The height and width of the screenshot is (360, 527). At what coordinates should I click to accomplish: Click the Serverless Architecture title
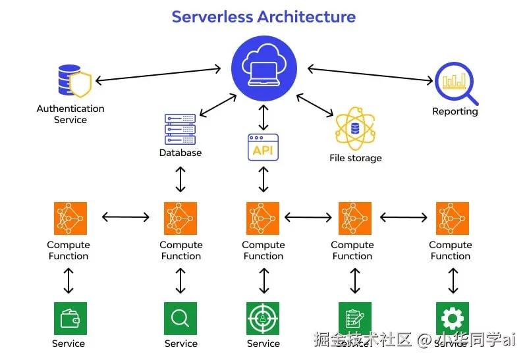coord(263,16)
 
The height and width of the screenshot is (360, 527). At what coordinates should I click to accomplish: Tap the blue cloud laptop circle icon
coord(263,66)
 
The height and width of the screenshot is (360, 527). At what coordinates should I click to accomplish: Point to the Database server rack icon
coord(180,129)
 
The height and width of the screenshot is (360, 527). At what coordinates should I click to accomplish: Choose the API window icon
coord(263,147)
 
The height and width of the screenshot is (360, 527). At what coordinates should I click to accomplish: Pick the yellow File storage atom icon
coord(355,128)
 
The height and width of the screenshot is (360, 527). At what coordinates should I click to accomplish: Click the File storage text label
coord(355,158)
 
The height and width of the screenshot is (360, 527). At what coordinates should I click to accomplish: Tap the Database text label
coord(180,153)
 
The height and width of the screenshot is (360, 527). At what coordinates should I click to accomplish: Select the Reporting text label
coord(455,111)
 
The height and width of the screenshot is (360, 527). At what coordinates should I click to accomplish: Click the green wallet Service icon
coord(70,319)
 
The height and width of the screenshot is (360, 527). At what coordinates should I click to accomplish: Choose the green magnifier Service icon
coord(180,319)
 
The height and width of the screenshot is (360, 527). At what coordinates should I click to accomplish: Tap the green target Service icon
coord(263,319)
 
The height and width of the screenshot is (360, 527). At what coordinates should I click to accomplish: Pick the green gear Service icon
coord(452,319)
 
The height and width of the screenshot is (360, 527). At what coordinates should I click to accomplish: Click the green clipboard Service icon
coord(355,319)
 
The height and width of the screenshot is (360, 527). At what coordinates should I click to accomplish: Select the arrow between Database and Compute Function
coord(180,179)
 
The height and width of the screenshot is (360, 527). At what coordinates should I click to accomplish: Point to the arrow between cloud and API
coord(263,117)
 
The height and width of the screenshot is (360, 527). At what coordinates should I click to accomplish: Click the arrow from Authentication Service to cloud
coord(158,74)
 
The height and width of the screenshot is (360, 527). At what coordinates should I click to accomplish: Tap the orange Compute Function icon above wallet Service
coord(70,219)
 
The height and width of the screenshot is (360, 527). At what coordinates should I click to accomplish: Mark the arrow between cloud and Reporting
coord(370,74)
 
